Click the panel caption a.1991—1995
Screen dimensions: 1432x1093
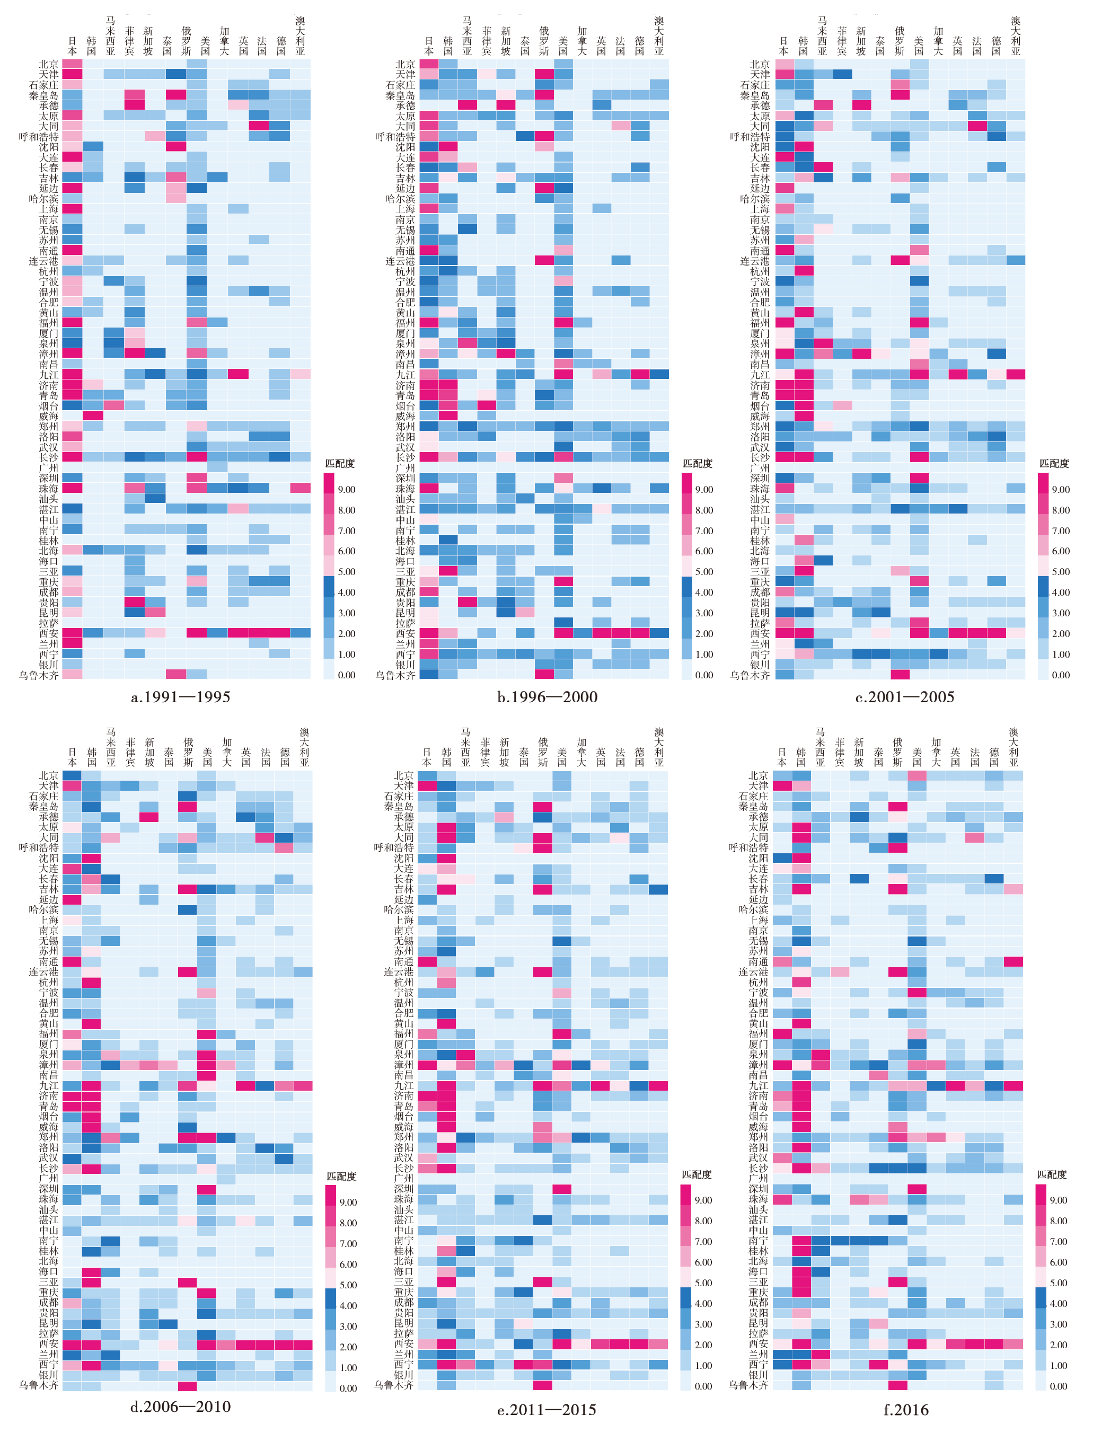[180, 697]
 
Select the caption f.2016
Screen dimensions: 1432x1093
[906, 1410]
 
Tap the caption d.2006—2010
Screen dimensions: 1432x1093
[180, 1407]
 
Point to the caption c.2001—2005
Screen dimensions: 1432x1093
[904, 697]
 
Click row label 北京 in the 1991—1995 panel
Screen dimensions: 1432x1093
[49, 64]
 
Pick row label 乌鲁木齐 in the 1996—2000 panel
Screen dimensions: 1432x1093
[395, 675]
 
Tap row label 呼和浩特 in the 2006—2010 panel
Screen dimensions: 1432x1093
[38, 848]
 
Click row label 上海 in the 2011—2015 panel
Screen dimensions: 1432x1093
[403, 920]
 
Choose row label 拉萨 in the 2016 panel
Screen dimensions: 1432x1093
[759, 1334]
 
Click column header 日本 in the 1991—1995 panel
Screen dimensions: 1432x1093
[72, 46]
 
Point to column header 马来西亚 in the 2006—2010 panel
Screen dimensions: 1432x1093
[111, 747]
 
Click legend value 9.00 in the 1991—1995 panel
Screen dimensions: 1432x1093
[347, 490]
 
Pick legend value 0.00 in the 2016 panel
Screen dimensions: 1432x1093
[1059, 1386]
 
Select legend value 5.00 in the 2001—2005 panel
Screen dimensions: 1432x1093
[1061, 572]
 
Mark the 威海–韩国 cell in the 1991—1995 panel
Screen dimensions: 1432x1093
[92, 416]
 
